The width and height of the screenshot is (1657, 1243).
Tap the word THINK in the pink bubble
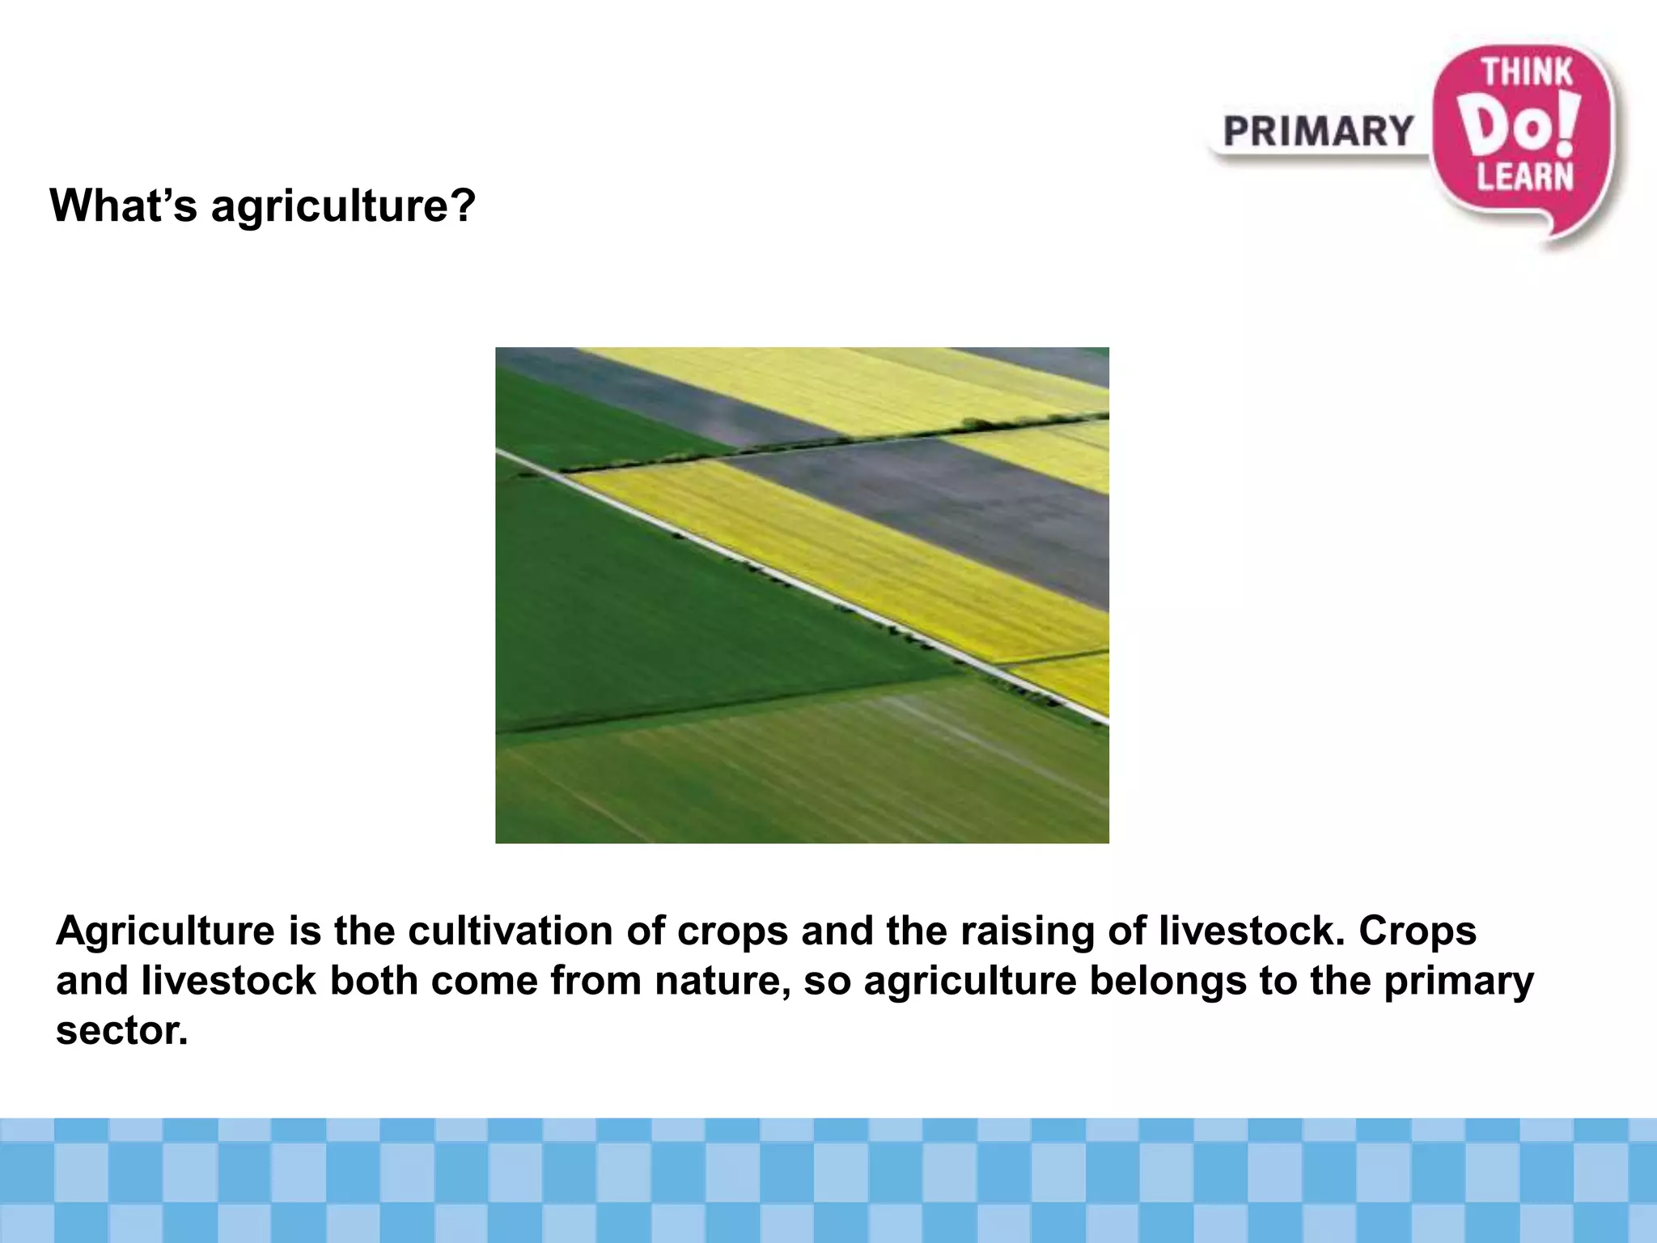[x=1527, y=73]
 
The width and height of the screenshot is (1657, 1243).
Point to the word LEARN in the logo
[x=1525, y=176]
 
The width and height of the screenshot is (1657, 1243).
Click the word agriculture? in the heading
[x=343, y=206]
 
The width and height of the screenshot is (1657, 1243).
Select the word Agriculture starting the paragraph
[x=165, y=931]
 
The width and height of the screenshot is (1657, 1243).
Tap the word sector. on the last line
[x=121, y=1031]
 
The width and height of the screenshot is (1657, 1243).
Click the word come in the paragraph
[x=484, y=982]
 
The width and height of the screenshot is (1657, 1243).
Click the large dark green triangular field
[x=647, y=615]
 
